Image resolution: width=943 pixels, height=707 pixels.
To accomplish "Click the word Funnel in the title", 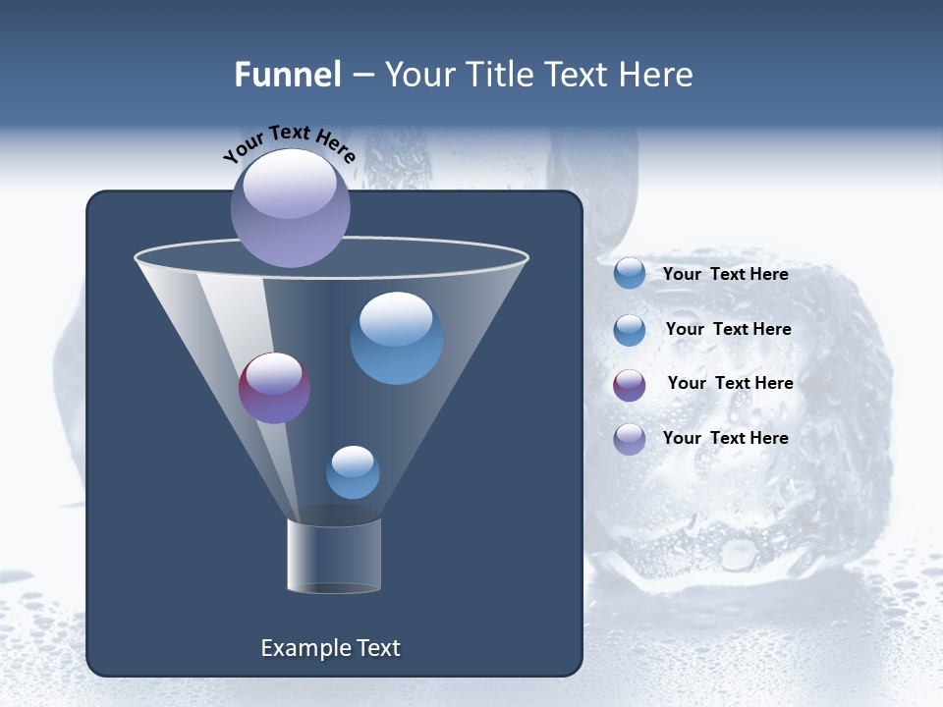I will [x=287, y=75].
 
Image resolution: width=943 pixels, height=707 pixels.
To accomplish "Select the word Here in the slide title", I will [x=654, y=75].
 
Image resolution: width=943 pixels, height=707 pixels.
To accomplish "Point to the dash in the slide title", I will [x=362, y=75].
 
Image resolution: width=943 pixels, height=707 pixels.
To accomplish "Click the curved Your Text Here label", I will [x=289, y=142].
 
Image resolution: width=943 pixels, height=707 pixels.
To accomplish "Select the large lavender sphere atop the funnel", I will [x=291, y=208].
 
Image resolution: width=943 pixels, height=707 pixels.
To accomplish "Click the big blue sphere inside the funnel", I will [x=396, y=338].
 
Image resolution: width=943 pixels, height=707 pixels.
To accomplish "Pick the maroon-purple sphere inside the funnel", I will [x=275, y=388].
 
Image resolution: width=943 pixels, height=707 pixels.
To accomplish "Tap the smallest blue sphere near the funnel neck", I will [x=353, y=472].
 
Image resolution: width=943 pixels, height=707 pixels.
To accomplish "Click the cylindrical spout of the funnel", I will [x=334, y=556].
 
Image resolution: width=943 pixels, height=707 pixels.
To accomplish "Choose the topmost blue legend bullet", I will [x=630, y=274].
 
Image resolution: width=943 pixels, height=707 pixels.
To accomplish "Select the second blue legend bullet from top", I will [x=630, y=330].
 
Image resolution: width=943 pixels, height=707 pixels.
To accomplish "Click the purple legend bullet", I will [x=630, y=385].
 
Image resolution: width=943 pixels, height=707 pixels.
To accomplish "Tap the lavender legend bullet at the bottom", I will [x=630, y=439].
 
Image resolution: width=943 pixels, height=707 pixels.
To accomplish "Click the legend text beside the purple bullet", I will [x=730, y=383].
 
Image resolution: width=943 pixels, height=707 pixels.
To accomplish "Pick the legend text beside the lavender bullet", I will [x=725, y=438].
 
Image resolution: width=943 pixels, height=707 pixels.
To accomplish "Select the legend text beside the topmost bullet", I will [x=725, y=274].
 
